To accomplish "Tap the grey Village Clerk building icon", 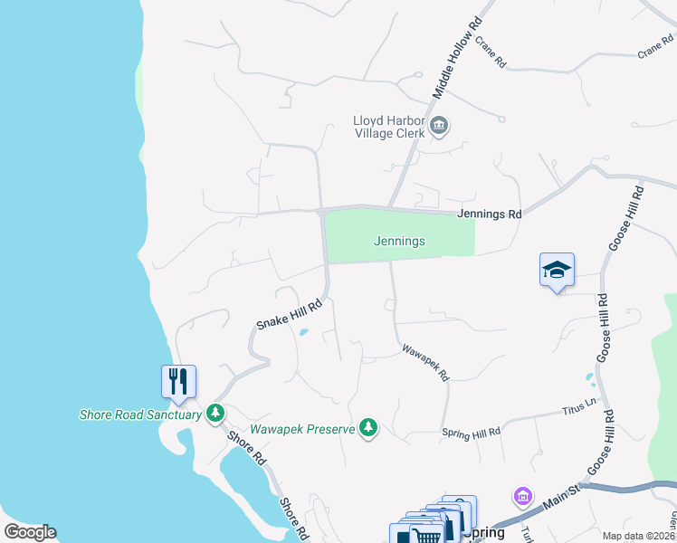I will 439,126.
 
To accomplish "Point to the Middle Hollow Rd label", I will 454,62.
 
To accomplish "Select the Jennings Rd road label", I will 490,214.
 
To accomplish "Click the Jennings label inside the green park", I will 399,242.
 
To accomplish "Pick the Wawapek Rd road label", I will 425,361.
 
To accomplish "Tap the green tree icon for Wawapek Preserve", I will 367,427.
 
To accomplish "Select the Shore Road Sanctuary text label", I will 139,414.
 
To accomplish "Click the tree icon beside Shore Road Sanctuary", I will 215,414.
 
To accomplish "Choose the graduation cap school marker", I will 557,270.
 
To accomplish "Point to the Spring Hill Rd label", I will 471,433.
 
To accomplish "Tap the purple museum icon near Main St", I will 522,496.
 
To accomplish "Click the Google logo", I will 30,532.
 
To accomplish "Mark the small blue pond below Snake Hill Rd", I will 302,333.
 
